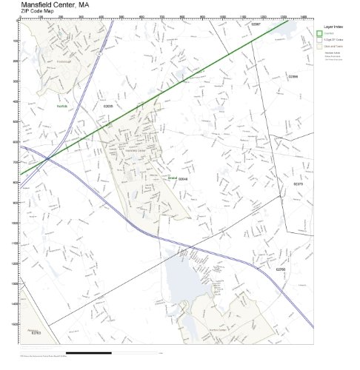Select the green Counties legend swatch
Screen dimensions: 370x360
coord(319,33)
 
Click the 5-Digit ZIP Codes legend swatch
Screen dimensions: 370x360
coord(319,39)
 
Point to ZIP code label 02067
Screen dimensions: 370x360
coord(256,24)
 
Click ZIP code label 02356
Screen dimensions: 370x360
coord(293,76)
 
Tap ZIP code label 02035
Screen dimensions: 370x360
coord(108,106)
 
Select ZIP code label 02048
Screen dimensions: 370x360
coord(183,178)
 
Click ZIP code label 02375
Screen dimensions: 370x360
coord(298,184)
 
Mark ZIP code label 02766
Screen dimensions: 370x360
coord(280,269)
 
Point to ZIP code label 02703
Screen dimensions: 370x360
coord(36,333)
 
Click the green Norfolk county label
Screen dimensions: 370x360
coord(62,106)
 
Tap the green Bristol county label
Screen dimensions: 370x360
coord(173,178)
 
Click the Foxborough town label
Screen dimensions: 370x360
coord(66,62)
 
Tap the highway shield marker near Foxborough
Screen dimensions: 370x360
coord(98,53)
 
